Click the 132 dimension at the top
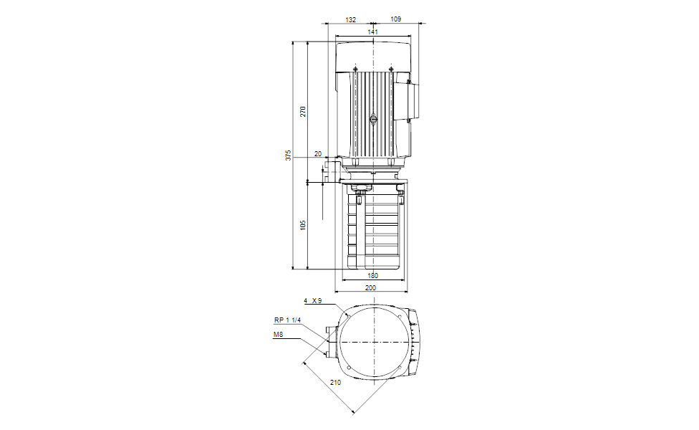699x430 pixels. coord(350,20)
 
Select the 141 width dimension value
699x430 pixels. coord(373,32)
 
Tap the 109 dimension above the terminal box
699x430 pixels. coord(396,20)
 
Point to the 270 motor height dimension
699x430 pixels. coord(303,112)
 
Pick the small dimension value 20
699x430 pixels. coord(318,155)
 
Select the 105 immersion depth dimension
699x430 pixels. coord(303,225)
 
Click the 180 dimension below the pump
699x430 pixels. coord(373,276)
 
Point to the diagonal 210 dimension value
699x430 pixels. coord(335,383)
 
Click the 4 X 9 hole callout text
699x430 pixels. coord(313,301)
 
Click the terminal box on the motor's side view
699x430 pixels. coord(413,100)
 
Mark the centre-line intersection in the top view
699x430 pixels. coord(374,343)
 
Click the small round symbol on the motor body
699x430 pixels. coord(373,120)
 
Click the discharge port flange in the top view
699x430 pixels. coord(330,343)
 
